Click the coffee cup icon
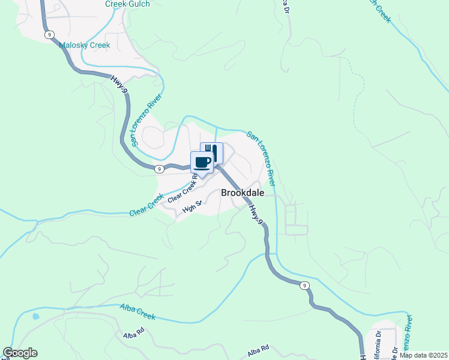click(x=202, y=162)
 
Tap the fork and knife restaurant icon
click(x=211, y=152)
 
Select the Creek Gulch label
click(x=127, y=4)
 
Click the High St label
click(x=193, y=209)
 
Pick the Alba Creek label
click(x=138, y=311)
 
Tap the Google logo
click(x=20, y=353)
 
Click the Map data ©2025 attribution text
click(x=423, y=355)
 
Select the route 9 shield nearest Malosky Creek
click(x=48, y=35)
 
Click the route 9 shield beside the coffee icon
click(x=158, y=169)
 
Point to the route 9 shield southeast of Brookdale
click(x=305, y=285)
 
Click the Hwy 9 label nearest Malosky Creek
click(x=119, y=83)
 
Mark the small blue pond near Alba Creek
click(x=36, y=316)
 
